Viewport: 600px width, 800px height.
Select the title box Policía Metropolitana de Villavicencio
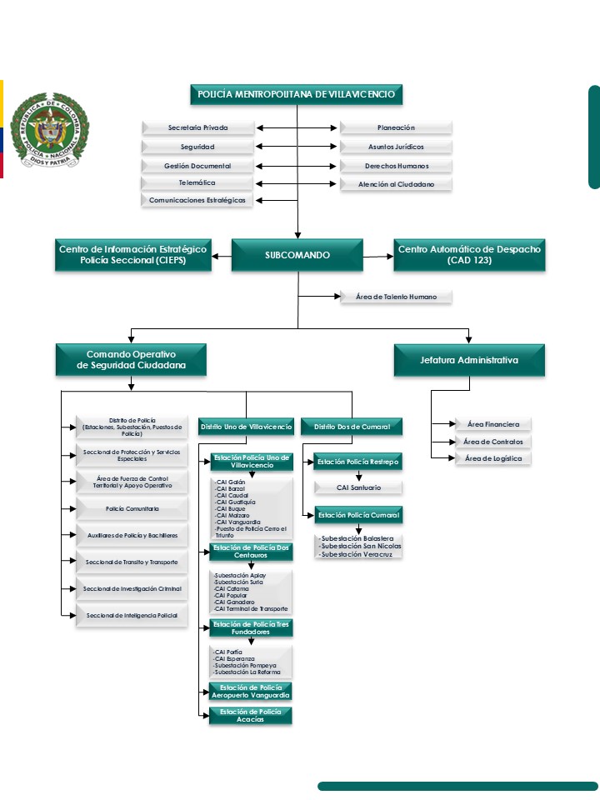(297, 94)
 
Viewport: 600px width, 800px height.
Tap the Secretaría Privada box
(197, 128)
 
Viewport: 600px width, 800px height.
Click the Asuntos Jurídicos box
(396, 147)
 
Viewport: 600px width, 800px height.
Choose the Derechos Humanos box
(396, 166)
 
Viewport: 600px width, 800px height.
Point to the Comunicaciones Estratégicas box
(197, 200)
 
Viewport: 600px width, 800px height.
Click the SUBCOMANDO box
(297, 255)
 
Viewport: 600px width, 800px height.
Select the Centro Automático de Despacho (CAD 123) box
(469, 255)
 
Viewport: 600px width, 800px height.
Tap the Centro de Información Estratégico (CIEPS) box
(132, 255)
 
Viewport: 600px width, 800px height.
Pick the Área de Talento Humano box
(396, 297)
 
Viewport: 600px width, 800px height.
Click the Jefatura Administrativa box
(469, 360)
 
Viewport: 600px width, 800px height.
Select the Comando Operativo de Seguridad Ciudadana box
(132, 360)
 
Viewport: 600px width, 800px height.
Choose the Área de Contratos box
(493, 442)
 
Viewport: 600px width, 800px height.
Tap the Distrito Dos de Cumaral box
(352, 427)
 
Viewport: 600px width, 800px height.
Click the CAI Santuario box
(359, 487)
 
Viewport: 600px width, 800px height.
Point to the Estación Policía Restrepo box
(358, 462)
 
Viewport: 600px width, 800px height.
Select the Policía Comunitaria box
(132, 508)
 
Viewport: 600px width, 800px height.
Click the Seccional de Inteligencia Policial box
(132, 616)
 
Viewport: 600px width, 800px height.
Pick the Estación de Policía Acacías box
(250, 716)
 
